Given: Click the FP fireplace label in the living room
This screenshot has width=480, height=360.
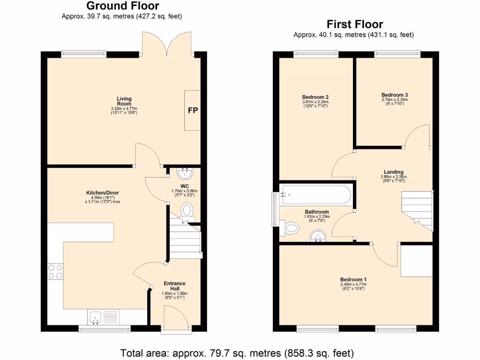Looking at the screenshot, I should click(x=193, y=111).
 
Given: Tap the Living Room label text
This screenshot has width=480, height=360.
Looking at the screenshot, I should click(x=124, y=101).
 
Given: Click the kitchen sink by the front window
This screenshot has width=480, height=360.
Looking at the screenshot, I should click(x=97, y=318).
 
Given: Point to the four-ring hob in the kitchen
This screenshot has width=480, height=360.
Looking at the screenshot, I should click(x=55, y=272).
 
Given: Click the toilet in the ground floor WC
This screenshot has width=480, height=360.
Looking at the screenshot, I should click(x=187, y=210).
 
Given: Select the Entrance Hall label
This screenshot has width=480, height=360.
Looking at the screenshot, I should click(x=174, y=286).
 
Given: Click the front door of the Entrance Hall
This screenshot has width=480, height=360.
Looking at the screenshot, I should click(x=174, y=321).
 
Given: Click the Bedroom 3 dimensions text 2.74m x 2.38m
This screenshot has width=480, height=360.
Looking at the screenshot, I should click(x=395, y=99).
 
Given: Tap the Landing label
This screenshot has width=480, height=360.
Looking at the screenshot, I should click(x=392, y=172).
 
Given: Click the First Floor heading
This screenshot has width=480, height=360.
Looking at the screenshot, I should click(x=355, y=24).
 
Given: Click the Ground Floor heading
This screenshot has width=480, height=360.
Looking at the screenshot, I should click(x=123, y=6).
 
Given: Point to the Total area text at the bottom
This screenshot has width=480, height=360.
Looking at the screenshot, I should click(x=237, y=352).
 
